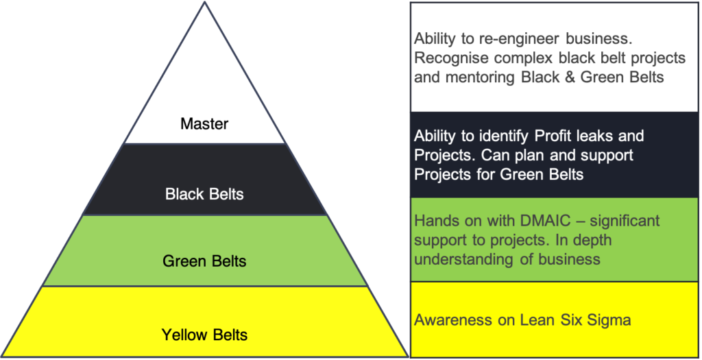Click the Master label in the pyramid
tap(204, 124)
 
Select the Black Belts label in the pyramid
tap(204, 194)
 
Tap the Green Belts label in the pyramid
tap(204, 261)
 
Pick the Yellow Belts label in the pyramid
tap(204, 335)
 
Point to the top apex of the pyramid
tap(204, 4)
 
